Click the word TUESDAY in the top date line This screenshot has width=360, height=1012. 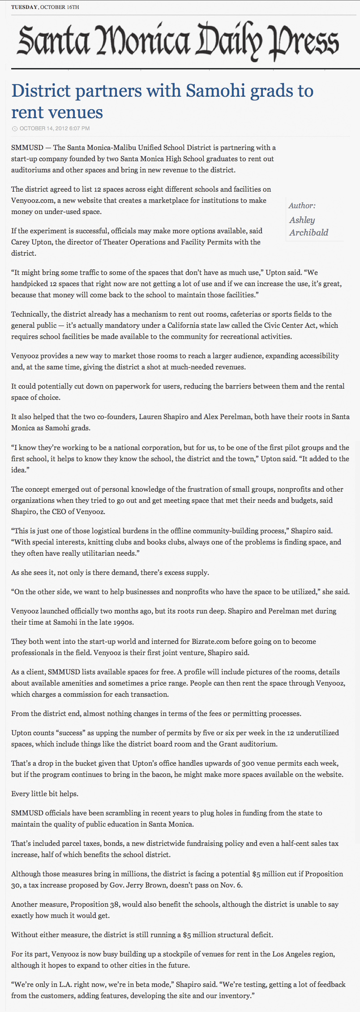[24, 7]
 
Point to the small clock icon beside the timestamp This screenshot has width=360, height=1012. [15, 129]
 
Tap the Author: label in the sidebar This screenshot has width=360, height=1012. [302, 206]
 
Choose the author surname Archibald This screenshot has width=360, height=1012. [309, 232]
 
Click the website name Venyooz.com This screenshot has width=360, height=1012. [33, 201]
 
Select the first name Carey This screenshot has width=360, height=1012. [20, 242]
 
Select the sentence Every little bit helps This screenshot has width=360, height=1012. [45, 793]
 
